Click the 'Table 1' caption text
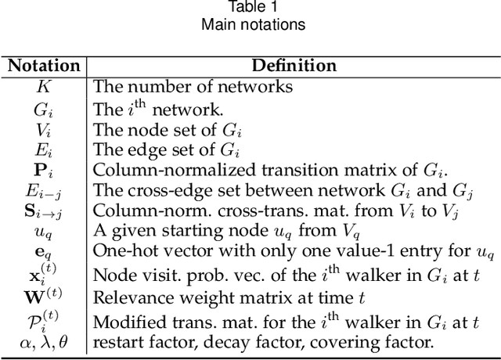(251, 8)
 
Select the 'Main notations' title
(252, 24)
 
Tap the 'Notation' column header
(44, 66)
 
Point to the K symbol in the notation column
(44, 85)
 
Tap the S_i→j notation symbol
(44, 211)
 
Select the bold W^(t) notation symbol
(44, 297)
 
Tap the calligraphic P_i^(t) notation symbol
(44, 321)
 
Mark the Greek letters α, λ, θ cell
(44, 341)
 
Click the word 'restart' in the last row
(114, 341)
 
